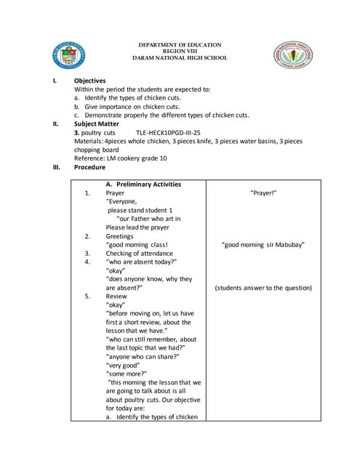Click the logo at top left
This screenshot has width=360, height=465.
[69, 55]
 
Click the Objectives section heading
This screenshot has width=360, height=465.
[89, 81]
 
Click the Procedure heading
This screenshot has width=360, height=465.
[89, 167]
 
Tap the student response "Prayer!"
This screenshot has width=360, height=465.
[263, 193]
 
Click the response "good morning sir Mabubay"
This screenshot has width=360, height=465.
[263, 245]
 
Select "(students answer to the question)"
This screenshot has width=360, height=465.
[263, 288]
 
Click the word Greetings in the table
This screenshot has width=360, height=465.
[119, 236]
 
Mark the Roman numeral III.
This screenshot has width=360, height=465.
[56, 167]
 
